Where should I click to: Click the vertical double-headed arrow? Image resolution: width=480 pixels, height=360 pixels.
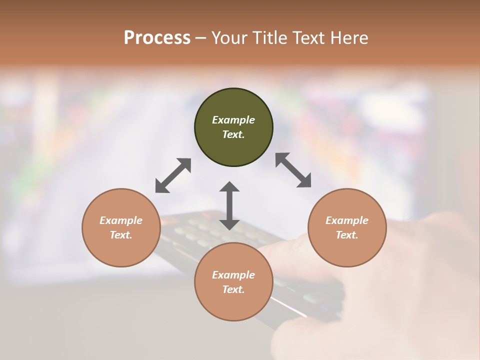pyautogui.click(x=229, y=205)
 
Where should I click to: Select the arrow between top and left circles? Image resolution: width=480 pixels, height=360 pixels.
pyautogui.click(x=173, y=175)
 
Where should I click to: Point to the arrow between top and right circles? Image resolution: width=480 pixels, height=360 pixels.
pyautogui.click(x=293, y=170)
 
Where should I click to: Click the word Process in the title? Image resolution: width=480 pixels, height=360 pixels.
pyautogui.click(x=157, y=37)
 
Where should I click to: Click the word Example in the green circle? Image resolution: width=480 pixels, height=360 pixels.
pyautogui.click(x=233, y=120)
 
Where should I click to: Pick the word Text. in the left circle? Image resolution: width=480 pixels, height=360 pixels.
pyautogui.click(x=121, y=235)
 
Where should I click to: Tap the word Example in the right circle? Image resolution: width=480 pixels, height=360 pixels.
pyautogui.click(x=347, y=220)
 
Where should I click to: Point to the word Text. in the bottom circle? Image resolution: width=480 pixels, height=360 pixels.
pyautogui.click(x=233, y=289)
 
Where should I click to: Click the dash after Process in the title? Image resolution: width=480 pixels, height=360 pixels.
pyautogui.click(x=200, y=38)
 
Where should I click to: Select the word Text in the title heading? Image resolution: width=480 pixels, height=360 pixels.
pyautogui.click(x=307, y=37)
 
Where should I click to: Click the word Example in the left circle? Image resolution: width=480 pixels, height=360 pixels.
pyautogui.click(x=121, y=220)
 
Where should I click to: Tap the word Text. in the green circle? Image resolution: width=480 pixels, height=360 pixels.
pyautogui.click(x=233, y=134)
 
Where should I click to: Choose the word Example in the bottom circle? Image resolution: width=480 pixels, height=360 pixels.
pyautogui.click(x=233, y=275)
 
